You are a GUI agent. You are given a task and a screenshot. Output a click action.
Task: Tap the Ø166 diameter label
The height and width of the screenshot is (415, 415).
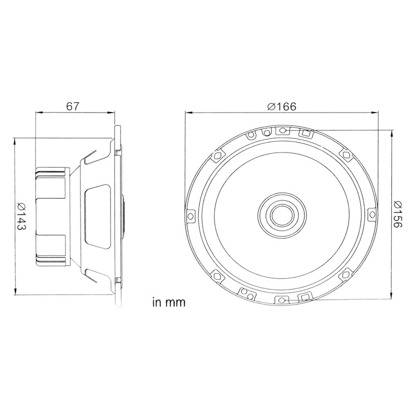[x=282, y=106]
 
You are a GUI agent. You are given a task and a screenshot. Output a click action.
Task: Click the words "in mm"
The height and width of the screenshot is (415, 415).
[x=169, y=302]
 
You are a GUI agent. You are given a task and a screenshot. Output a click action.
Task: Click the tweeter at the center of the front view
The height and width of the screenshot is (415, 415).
[x=281, y=214]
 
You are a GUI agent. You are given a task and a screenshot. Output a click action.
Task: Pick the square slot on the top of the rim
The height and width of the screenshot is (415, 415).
[x=306, y=133]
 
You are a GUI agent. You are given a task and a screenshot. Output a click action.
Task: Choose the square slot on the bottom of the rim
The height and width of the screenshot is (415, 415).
[x=306, y=297]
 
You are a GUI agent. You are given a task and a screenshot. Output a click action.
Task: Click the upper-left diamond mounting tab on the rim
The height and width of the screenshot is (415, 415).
[x=217, y=155]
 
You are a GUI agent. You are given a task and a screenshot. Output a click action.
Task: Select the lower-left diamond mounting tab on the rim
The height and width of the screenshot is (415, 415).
[x=217, y=273]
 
